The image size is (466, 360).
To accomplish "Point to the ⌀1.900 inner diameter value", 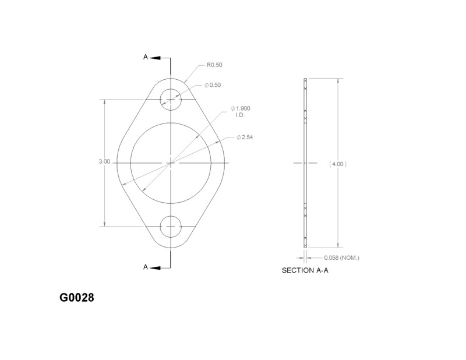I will (240, 108).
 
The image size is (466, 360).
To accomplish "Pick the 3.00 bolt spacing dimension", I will (104, 162).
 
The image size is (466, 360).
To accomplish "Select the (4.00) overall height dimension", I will (338, 164).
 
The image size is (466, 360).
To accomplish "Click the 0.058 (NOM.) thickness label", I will (341, 257).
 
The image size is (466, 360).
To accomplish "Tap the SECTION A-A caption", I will (306, 271).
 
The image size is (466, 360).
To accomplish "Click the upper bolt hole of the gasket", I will (171, 100).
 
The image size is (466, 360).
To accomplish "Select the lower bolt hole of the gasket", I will (171, 225).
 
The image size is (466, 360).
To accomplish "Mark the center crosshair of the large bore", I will (171, 163).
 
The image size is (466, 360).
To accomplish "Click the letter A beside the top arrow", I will (146, 57).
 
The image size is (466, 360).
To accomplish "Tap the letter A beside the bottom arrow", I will (146, 267).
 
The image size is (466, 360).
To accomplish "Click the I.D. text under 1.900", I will (239, 115).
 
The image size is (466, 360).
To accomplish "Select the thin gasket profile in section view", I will (305, 164).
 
